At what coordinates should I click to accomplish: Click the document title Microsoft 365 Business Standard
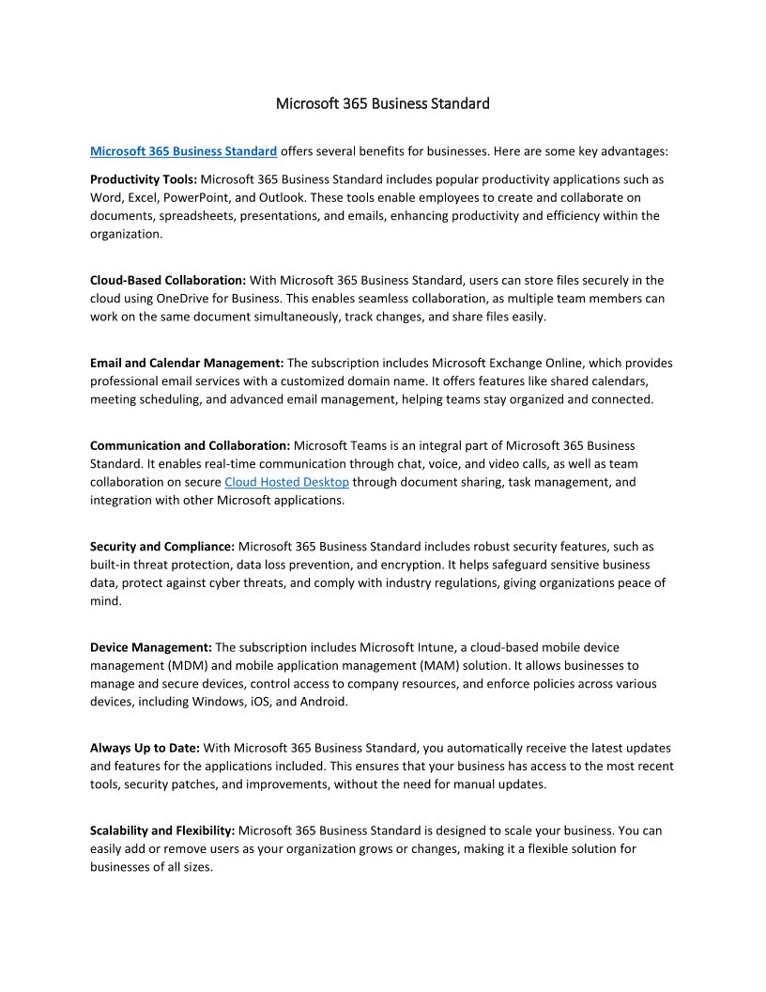pyautogui.click(x=382, y=103)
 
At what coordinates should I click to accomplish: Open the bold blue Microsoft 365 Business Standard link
pyautogui.click(x=183, y=150)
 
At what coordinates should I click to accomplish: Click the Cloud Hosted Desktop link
pyautogui.click(x=286, y=482)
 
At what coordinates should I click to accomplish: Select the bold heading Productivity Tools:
pyautogui.click(x=144, y=178)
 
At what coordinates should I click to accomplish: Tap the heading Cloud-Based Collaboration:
pyautogui.click(x=168, y=280)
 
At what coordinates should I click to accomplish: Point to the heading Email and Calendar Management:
pyautogui.click(x=187, y=363)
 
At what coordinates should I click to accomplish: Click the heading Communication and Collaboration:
pyautogui.click(x=191, y=445)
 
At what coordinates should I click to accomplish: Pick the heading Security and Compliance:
pyautogui.click(x=162, y=546)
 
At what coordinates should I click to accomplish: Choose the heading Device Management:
pyautogui.click(x=151, y=647)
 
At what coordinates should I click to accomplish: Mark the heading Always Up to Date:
pyautogui.click(x=145, y=748)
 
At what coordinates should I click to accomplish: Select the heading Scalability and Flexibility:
pyautogui.click(x=162, y=830)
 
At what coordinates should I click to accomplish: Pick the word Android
pyautogui.click(x=324, y=702)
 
